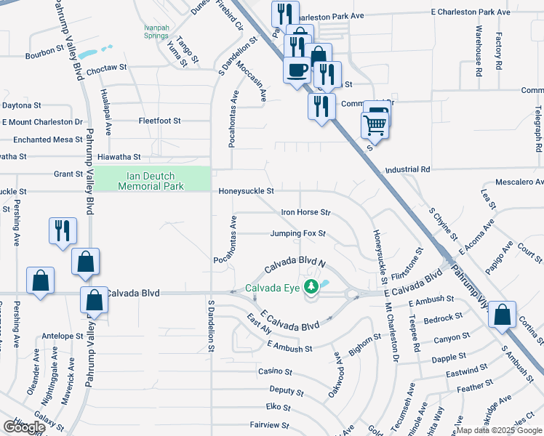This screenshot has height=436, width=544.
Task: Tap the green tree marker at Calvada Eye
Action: click(311, 287)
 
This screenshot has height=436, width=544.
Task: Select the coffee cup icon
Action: click(297, 70)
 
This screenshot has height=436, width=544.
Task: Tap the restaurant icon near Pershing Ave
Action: click(63, 230)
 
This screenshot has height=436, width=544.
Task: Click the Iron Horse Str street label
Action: click(306, 213)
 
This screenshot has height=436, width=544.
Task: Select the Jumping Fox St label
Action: click(297, 234)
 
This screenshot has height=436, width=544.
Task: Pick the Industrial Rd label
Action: click(408, 169)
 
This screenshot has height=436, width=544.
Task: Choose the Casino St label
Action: click(274, 371)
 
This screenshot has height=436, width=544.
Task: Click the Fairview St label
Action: click(269, 425)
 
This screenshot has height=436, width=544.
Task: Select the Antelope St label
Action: click(63, 336)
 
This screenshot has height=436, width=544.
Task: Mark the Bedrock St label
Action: click(442, 318)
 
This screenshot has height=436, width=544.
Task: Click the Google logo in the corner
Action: click(24, 427)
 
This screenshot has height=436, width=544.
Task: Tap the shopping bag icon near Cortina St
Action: click(502, 315)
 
